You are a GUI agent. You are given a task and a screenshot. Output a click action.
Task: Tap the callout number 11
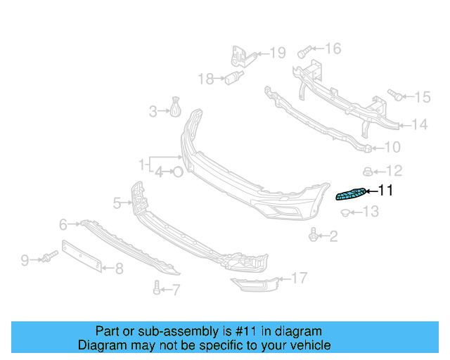point(386,191)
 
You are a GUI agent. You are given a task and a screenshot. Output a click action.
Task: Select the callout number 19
point(278,53)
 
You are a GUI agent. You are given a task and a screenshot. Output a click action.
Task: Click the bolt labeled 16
point(303,51)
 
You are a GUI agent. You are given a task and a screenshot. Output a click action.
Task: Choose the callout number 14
point(419,125)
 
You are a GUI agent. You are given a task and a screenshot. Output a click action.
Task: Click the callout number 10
point(392,148)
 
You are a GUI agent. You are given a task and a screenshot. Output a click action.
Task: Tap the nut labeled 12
point(367,170)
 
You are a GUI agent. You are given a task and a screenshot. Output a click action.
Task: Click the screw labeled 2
point(313,236)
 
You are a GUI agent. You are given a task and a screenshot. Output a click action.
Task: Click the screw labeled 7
point(157,287)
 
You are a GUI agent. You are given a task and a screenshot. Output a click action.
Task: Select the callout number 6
point(63,225)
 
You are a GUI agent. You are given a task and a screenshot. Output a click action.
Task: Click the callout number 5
point(117,203)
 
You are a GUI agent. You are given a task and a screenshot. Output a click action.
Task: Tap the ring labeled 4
point(179,171)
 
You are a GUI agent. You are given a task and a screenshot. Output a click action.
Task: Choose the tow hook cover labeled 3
point(174,108)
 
